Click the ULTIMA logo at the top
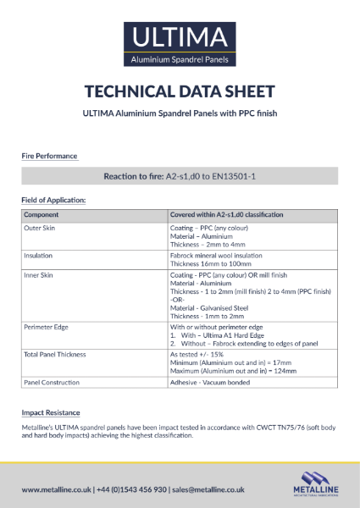180,43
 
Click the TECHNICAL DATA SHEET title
180,91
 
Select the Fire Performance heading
49,156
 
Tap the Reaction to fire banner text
180,176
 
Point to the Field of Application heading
54,200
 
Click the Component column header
42,215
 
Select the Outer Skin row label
40,229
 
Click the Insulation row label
38,255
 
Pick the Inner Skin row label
39,275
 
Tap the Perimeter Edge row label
46,326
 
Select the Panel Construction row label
53,383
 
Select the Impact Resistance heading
51,412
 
